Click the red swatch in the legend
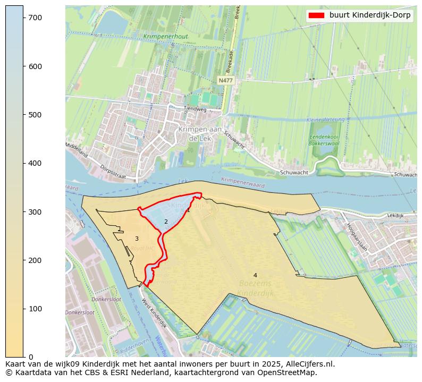(x=317, y=15)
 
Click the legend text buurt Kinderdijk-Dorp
(x=370, y=15)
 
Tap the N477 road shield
(x=225, y=80)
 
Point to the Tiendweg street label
(x=195, y=108)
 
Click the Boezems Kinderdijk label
(x=256, y=288)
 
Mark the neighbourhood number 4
(x=255, y=275)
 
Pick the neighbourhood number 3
(x=137, y=239)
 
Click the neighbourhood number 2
(x=166, y=222)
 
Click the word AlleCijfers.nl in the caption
(x=309, y=364)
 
